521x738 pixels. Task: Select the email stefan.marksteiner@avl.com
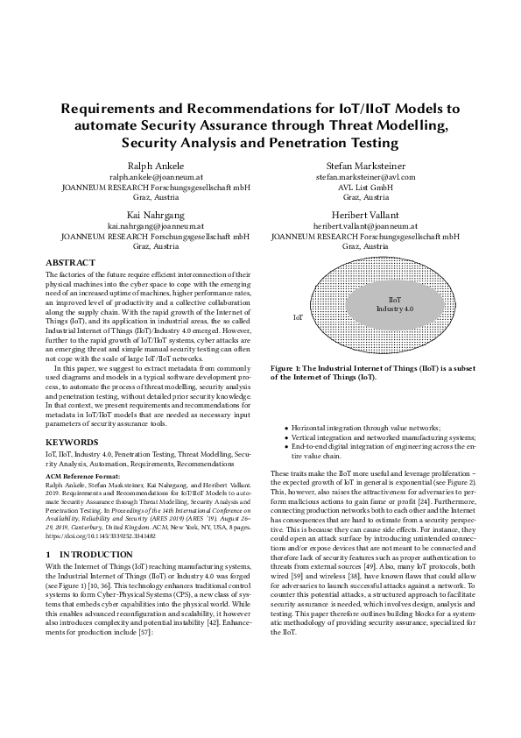365,176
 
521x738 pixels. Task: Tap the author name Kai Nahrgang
155,214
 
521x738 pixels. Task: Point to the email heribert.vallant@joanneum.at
365,226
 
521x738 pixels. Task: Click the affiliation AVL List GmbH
365,187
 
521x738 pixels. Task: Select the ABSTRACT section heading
72,262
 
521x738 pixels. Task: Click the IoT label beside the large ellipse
298,316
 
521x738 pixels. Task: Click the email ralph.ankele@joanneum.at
155,176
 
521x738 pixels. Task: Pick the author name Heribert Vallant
365,214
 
